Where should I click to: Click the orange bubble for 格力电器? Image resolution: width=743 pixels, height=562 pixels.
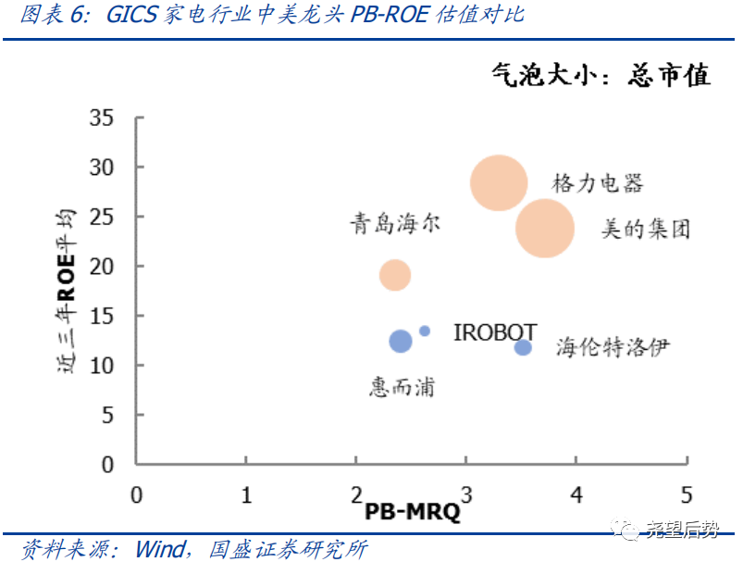coord(499,183)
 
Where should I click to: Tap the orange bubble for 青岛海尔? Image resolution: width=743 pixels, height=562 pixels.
coord(395,274)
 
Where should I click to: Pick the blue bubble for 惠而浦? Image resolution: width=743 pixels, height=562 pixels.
coord(400,341)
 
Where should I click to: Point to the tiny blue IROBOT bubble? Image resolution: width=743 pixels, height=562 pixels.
coord(425,331)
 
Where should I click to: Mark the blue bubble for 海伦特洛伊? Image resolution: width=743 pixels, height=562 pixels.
coord(523,347)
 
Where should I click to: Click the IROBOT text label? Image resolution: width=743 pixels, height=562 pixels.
coord(495,332)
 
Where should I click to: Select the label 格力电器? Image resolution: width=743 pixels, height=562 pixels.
coord(597,182)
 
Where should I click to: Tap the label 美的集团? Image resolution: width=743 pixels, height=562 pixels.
coord(645,229)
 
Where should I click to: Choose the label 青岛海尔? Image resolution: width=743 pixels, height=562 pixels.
coord(395,223)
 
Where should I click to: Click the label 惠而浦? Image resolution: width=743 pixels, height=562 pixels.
coord(402,387)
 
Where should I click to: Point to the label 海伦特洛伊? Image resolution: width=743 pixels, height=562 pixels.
coord(612,347)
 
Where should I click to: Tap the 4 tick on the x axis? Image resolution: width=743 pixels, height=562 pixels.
coord(576,494)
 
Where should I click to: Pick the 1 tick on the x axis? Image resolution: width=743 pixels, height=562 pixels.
coord(246,494)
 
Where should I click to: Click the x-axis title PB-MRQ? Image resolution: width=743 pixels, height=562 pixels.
coord(412,512)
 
